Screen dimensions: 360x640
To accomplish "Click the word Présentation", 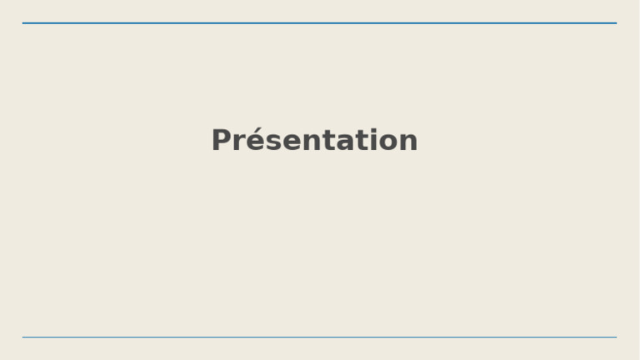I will coord(314,140).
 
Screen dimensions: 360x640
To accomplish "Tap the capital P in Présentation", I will coord(221,140).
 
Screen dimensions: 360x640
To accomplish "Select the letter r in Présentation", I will coord(237,142).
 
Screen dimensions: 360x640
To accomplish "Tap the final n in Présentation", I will coord(407,142).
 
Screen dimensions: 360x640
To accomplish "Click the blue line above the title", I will coord(320,23).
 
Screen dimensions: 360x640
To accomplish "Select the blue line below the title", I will coord(320,337).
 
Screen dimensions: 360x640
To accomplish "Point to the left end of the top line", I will coord(24,23).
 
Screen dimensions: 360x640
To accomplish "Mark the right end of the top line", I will coord(615,23).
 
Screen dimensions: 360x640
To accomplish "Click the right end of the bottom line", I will coord(615,337).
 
